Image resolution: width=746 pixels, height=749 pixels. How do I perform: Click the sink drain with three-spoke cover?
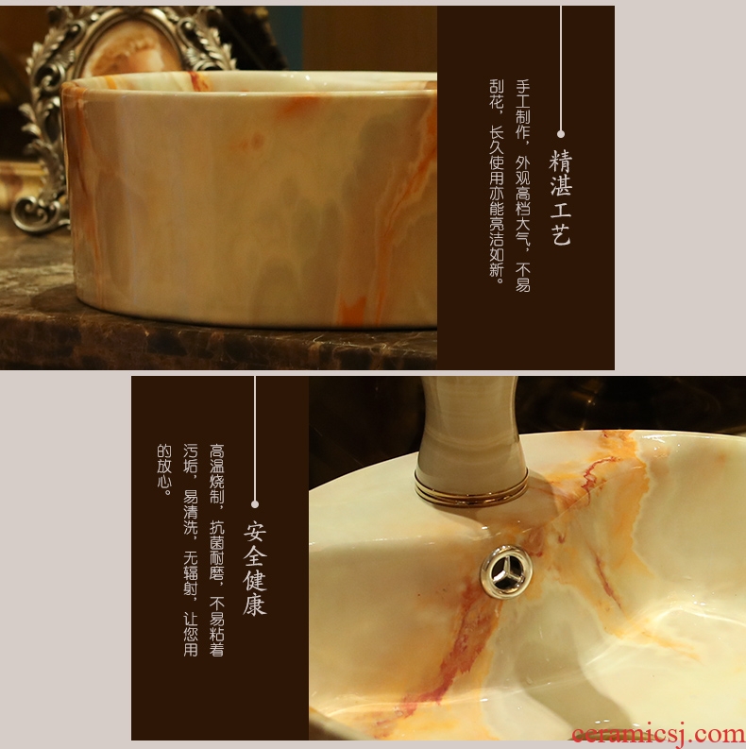(506, 570)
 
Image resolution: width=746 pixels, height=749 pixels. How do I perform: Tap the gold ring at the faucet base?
(471, 488)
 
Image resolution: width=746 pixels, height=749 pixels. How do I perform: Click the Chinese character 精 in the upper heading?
(560, 161)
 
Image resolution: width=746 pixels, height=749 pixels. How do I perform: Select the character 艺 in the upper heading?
(561, 234)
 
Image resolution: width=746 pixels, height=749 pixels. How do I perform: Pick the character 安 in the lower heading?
(255, 531)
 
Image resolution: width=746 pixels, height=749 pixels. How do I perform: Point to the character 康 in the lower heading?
(255, 604)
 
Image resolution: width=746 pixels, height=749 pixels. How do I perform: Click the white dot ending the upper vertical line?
(561, 134)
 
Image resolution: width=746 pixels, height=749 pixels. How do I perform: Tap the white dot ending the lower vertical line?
(255, 504)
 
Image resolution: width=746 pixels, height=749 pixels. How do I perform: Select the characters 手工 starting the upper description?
(523, 94)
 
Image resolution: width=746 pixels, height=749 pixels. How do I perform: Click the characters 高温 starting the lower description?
(217, 459)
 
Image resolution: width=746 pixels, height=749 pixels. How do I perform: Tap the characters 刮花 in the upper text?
(497, 94)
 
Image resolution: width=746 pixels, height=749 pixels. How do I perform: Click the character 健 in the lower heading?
(255, 579)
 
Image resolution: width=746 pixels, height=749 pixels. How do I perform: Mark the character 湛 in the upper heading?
(561, 185)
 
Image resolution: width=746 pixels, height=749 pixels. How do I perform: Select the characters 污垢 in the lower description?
(191, 459)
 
